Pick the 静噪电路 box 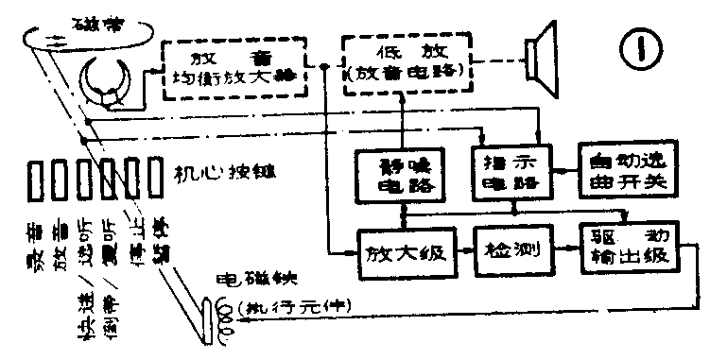click(x=401, y=175)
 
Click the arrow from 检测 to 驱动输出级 click(x=565, y=250)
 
